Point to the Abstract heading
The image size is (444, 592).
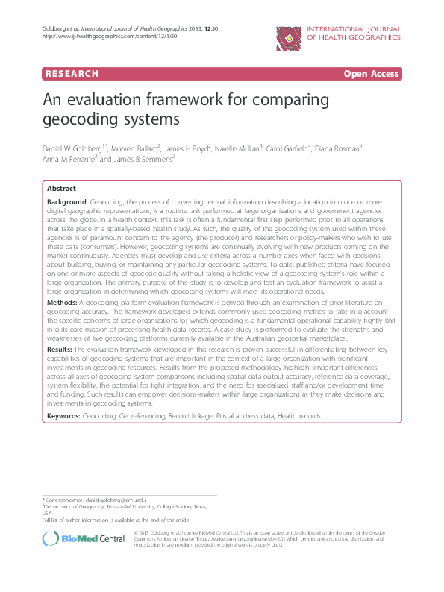pyautogui.click(x=61, y=189)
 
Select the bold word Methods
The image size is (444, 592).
pyautogui.click(x=62, y=303)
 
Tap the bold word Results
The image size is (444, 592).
pyautogui.click(x=60, y=348)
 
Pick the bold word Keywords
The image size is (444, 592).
pyautogui.click(x=64, y=414)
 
